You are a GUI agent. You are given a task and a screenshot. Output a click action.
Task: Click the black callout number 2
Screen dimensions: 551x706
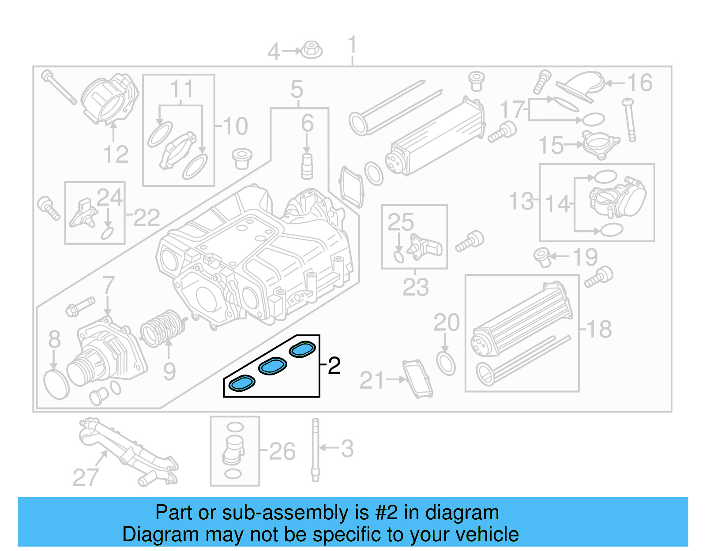(334, 366)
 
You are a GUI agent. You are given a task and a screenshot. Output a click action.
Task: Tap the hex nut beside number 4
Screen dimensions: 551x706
(312, 50)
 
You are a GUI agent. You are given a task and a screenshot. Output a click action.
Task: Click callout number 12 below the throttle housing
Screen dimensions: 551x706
(116, 154)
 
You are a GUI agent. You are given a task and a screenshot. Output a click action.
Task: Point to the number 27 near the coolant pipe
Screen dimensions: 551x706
(85, 477)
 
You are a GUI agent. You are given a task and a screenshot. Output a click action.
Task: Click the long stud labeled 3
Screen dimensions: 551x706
(315, 450)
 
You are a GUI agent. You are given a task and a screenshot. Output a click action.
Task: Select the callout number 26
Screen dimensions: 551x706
(282, 451)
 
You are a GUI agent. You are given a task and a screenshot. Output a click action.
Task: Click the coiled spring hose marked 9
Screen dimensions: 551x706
(162, 329)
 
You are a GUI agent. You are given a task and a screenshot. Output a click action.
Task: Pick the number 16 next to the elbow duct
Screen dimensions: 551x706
(639, 82)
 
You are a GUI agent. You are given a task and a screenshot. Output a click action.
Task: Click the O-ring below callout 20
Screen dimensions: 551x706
(446, 363)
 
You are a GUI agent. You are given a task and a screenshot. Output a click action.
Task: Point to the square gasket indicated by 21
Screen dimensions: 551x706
(417, 379)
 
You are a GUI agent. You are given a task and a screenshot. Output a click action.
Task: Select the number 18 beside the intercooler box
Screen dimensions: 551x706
(599, 329)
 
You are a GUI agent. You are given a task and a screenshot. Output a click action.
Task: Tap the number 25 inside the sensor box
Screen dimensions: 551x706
(401, 222)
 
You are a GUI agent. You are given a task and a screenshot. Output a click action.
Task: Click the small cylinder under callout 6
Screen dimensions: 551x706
(307, 166)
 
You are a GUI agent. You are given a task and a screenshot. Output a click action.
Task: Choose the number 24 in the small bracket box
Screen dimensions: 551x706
(109, 197)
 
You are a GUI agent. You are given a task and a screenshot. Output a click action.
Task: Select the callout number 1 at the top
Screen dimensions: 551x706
(352, 45)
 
